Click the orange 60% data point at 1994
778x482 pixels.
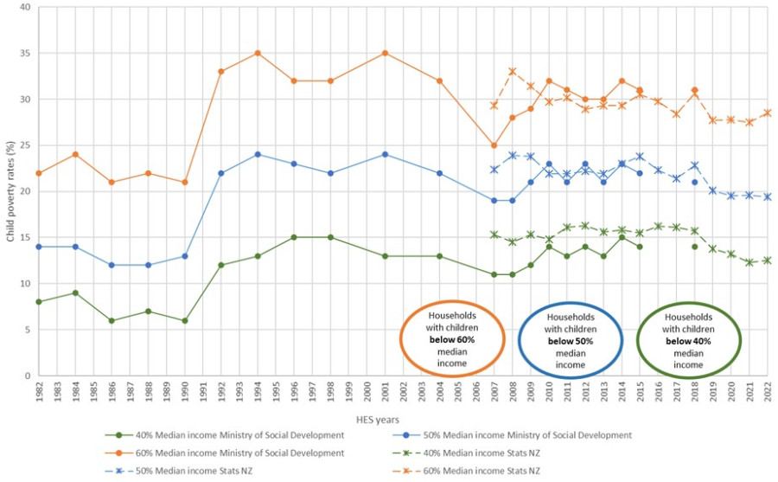point(257,53)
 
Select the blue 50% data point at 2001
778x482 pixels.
point(385,154)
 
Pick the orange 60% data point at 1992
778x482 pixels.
point(220,71)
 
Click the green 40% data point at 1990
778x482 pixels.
point(184,320)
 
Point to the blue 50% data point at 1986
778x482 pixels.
point(111,265)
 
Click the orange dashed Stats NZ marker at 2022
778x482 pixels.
point(768,112)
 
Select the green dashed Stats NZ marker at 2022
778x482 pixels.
point(768,260)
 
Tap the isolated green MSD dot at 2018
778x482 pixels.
point(694,247)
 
